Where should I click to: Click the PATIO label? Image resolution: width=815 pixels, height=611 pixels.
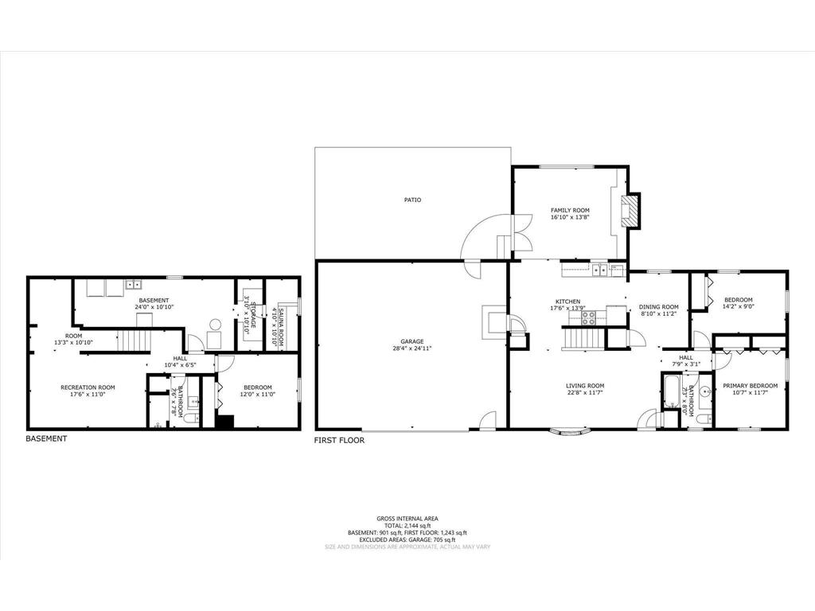point(411,200)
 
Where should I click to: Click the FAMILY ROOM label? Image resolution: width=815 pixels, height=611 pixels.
point(570,211)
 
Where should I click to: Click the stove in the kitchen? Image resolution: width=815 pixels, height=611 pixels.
point(588,317)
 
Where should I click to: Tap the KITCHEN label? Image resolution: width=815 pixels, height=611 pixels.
point(569,302)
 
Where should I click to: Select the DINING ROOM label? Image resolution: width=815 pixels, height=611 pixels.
point(659,307)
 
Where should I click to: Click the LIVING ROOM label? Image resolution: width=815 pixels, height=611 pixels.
point(585,385)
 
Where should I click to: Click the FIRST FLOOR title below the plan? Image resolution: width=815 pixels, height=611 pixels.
point(339,440)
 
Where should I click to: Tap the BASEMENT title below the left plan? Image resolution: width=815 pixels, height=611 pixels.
point(46,438)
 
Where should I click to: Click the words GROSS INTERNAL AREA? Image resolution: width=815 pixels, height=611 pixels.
point(407,519)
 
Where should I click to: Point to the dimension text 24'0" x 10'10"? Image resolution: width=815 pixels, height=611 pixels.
point(154,306)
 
